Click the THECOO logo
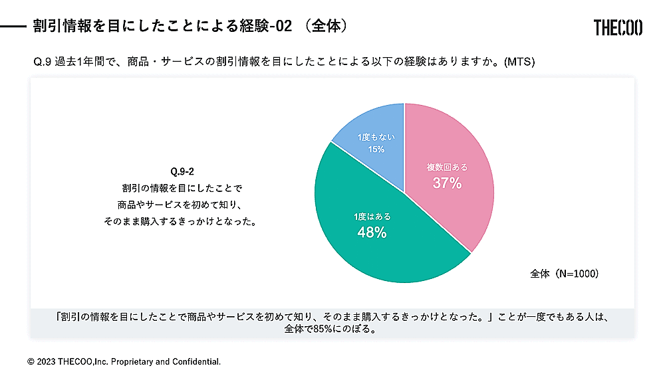pyautogui.click(x=618, y=27)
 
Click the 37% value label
pyautogui.click(x=447, y=183)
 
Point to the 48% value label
pyautogui.click(x=372, y=233)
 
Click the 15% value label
pyautogui.click(x=376, y=149)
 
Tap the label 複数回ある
pyautogui.click(x=447, y=167)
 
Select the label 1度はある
pyautogui.click(x=372, y=217)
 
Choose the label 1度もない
pyautogui.click(x=376, y=137)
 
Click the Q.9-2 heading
pyautogui.click(x=182, y=171)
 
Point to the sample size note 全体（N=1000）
pyautogui.click(x=565, y=273)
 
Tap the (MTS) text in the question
pyautogui.click(x=519, y=62)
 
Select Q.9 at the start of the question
pyautogui.click(x=43, y=62)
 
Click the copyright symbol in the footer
pyautogui.click(x=31, y=362)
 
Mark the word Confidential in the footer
pyautogui.click(x=196, y=362)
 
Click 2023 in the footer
pyautogui.click(x=46, y=362)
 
